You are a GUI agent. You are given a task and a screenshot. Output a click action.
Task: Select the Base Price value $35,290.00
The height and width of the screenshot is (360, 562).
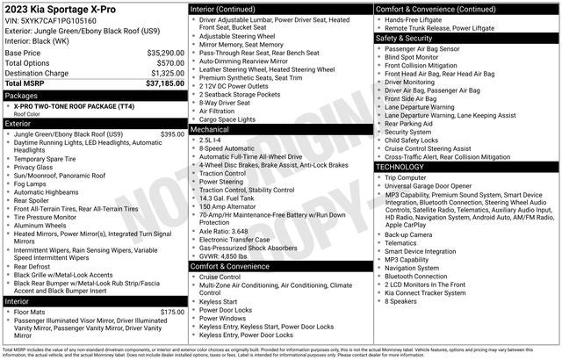pos(166,54)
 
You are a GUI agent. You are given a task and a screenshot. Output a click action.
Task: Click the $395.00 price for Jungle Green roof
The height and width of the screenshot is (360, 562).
pos(172,134)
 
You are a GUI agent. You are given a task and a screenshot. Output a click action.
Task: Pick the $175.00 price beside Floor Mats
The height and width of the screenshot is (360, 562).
pos(172,312)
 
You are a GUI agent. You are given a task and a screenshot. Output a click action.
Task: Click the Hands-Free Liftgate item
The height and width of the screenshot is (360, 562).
pos(417,18)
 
